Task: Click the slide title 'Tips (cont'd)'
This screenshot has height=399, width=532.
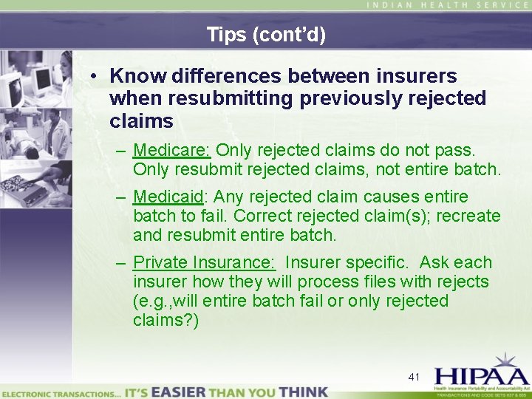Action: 266,34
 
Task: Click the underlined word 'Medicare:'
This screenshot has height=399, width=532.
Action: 171,151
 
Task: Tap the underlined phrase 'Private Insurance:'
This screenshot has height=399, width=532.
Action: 204,262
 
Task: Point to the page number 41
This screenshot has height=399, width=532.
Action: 414,377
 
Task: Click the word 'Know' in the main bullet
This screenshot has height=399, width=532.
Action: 137,75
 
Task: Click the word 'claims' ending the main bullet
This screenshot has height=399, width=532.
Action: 141,120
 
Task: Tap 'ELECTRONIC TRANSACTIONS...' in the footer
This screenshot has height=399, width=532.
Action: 61,392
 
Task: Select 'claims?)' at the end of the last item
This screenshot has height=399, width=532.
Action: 166,320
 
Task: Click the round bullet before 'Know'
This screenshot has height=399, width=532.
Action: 94,76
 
